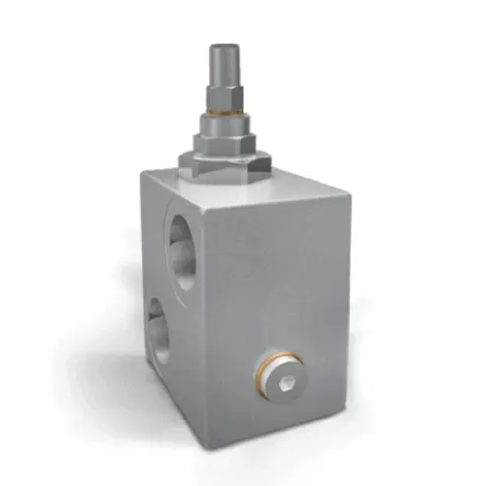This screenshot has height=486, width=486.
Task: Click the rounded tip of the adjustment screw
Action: (221, 51)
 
